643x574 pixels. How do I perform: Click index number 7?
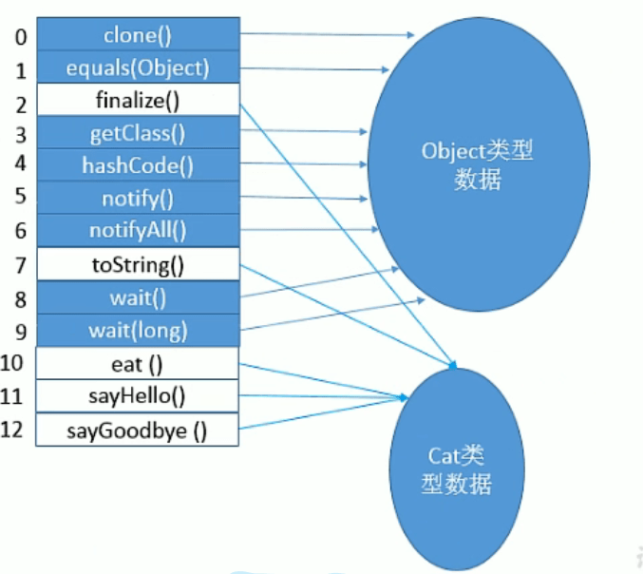coord(20,263)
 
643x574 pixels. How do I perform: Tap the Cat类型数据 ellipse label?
coord(456,469)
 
